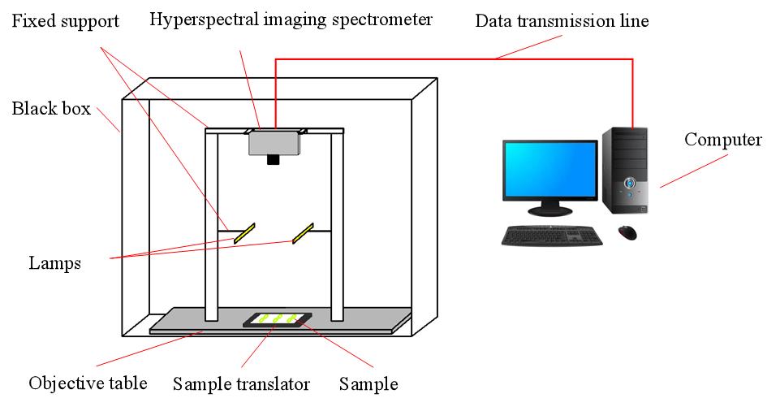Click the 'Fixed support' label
65,20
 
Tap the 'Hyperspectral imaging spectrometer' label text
291,19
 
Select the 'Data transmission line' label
562,20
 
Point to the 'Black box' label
50,109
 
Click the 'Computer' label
723,140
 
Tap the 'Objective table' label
87,383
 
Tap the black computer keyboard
552,236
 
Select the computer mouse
627,232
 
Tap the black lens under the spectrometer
274,159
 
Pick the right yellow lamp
304,233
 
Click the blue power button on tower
629,184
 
